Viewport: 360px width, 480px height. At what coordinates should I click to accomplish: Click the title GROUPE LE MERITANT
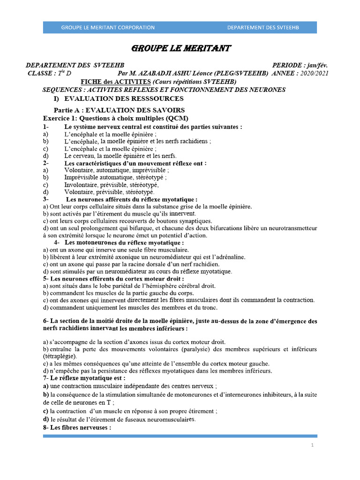click(x=180, y=49)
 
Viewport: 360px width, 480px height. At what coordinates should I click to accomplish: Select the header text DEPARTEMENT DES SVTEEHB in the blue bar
click(x=263, y=28)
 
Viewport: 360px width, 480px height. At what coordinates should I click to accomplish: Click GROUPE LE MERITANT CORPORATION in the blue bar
click(x=108, y=28)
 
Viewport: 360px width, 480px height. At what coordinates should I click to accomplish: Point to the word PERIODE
click(x=287, y=66)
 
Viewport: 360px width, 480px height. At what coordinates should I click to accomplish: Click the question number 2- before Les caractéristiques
click(x=45, y=163)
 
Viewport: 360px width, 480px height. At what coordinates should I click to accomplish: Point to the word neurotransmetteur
click(x=290, y=228)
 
